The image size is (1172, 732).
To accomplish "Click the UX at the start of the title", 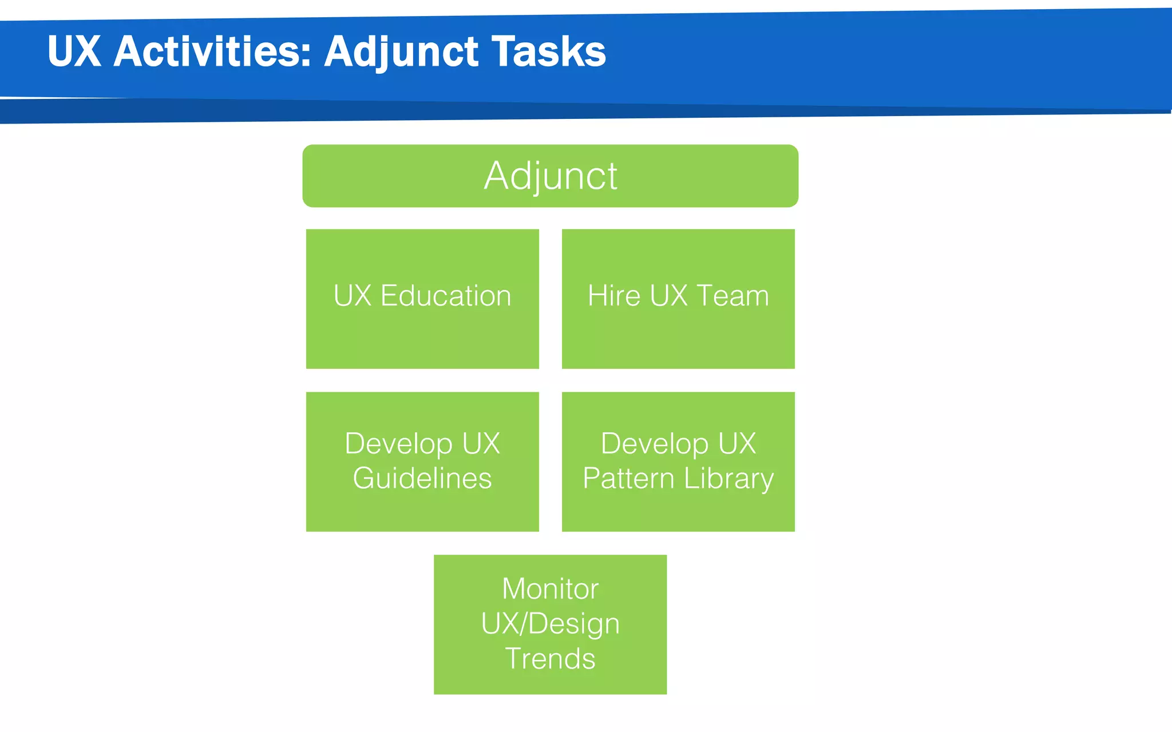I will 74,51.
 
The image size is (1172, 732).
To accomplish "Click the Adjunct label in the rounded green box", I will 550,176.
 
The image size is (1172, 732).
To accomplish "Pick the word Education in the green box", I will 445,296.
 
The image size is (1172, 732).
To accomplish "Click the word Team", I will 733,296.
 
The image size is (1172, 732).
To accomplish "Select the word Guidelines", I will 422,478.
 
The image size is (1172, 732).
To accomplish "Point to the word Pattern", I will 628,478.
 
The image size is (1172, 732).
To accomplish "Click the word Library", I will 728,479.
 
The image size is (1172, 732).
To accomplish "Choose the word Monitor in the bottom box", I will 550,588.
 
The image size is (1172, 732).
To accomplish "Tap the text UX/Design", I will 550,624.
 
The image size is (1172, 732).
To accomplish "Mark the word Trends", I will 550,659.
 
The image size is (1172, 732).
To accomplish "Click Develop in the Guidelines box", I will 398,444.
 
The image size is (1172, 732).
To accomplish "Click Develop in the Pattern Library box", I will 654,444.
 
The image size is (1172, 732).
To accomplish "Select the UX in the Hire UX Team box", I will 668,296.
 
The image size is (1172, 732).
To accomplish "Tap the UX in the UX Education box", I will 353,296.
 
